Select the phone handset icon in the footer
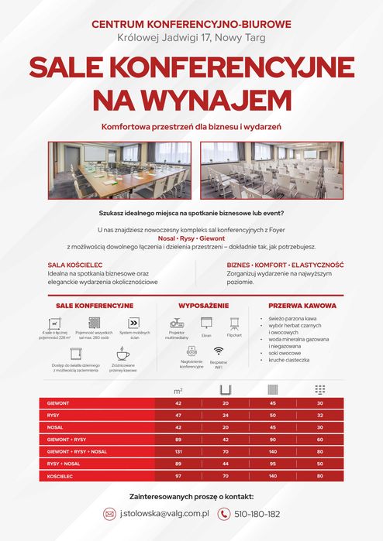click(224, 514)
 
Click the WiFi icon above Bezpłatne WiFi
click(218, 351)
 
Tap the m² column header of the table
click(178, 389)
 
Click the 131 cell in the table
click(178, 450)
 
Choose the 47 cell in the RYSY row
click(178, 416)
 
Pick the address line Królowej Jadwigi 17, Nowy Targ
click(191, 36)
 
